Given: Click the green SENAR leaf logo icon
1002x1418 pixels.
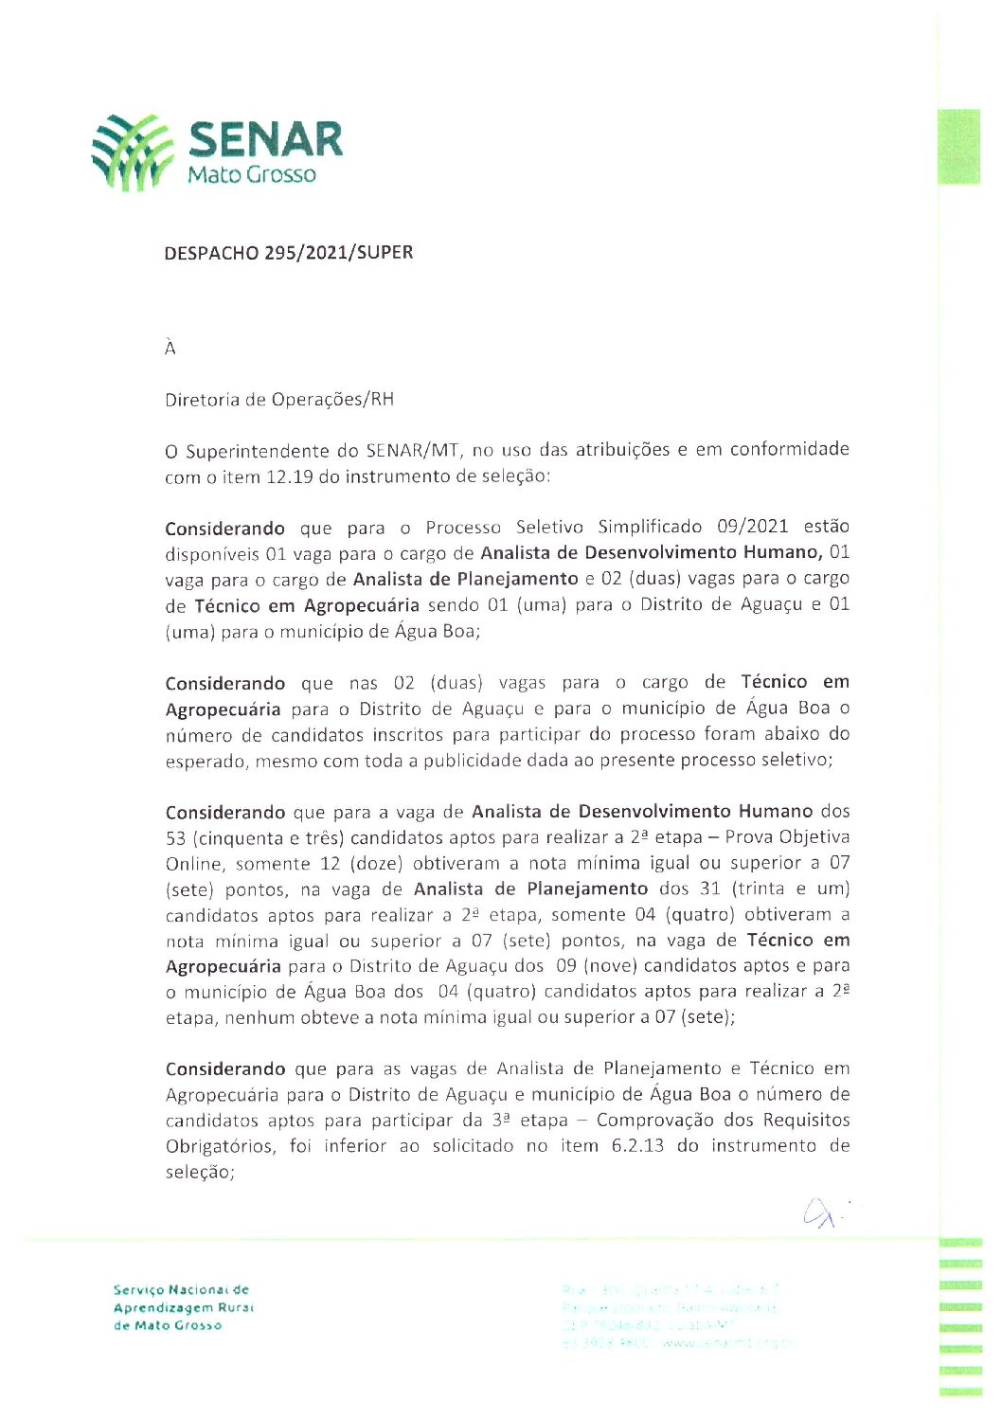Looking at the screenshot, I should click(x=133, y=152).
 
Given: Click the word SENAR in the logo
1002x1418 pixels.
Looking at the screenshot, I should click(x=265, y=140).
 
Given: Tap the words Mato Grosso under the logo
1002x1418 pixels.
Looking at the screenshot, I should click(x=251, y=174).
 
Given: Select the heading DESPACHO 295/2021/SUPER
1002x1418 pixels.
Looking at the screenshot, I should click(x=288, y=253).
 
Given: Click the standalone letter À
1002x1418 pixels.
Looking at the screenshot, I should click(x=170, y=348).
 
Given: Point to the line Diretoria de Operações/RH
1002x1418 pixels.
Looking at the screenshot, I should click(x=278, y=400).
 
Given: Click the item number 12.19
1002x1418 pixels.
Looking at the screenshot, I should click(x=289, y=476).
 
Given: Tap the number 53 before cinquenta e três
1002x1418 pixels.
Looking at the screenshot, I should click(x=175, y=838).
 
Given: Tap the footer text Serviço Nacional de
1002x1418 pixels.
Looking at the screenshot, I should click(x=181, y=1290).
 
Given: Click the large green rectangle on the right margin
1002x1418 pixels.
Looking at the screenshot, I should click(x=958, y=147).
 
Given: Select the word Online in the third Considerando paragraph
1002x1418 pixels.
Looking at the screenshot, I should click(x=190, y=864).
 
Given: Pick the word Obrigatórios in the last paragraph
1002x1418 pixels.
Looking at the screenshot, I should click(x=221, y=1146).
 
